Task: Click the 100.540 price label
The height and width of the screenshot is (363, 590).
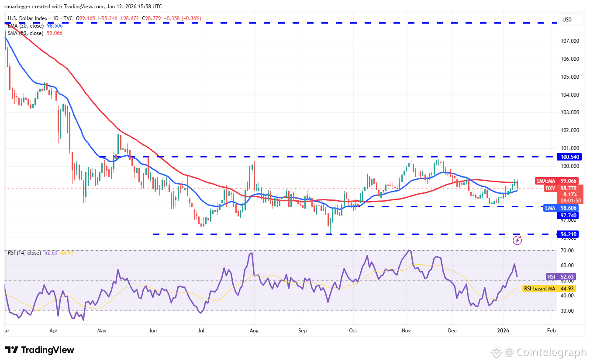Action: click(569, 157)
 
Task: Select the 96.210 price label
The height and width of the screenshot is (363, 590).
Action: click(569, 234)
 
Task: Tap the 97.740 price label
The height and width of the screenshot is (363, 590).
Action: click(569, 215)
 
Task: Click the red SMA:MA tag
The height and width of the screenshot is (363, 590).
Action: click(546, 181)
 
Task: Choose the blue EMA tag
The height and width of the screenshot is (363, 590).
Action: click(550, 209)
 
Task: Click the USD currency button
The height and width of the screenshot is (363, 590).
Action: click(567, 20)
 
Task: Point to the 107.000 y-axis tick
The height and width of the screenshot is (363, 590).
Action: click(570, 41)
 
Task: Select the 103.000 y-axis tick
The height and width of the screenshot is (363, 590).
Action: click(570, 112)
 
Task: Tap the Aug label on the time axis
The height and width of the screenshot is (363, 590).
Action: click(254, 331)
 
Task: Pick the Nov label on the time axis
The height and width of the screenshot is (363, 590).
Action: click(406, 331)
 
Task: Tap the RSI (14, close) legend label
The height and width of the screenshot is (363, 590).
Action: click(24, 253)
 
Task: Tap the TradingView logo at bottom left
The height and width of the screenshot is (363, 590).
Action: click(40, 350)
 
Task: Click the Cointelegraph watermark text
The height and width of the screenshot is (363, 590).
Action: click(551, 352)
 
